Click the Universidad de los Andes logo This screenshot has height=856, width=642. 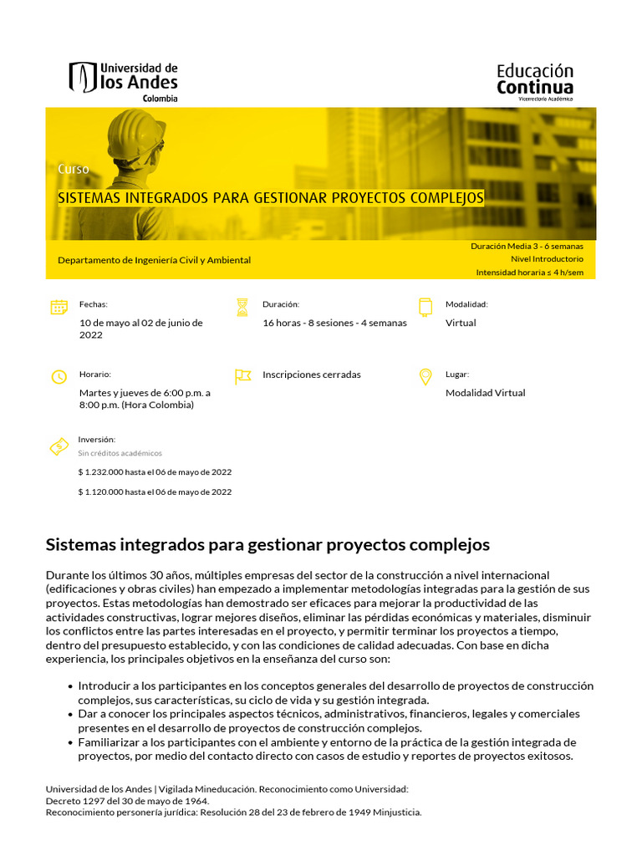(123, 81)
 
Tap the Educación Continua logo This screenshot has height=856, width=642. (535, 81)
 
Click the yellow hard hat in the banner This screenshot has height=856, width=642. (136, 135)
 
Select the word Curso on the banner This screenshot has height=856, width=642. (74, 169)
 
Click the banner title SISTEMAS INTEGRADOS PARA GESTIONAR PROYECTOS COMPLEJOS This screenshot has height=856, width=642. (270, 198)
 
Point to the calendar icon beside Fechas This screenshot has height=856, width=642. (59, 307)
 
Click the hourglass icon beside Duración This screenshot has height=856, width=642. (242, 307)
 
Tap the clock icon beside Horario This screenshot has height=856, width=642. (59, 377)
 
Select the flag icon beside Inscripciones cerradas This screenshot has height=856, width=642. (242, 376)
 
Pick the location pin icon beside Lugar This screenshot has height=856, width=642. (425, 376)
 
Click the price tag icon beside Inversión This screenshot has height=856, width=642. (59, 446)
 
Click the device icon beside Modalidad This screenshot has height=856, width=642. (425, 307)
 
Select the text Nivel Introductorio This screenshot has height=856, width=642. (547, 259)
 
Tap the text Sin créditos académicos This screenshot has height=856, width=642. (120, 453)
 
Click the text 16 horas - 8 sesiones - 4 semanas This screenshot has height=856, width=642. (334, 323)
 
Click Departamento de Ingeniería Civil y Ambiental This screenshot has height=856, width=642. (154, 260)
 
